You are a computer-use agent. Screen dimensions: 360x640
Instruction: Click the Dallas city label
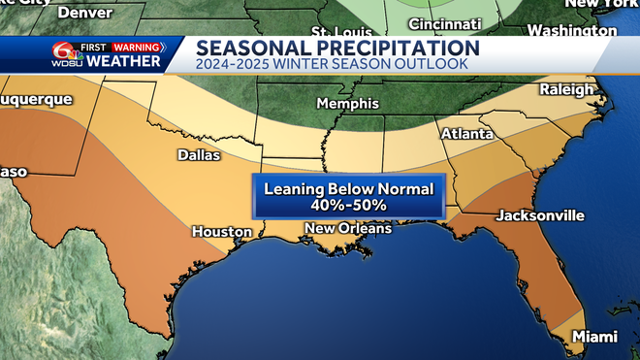(x=198, y=154)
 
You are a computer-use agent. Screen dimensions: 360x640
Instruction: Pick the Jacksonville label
(x=539, y=214)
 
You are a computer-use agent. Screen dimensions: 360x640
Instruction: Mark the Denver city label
(x=84, y=13)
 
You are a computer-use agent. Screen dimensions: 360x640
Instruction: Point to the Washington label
(x=572, y=30)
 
